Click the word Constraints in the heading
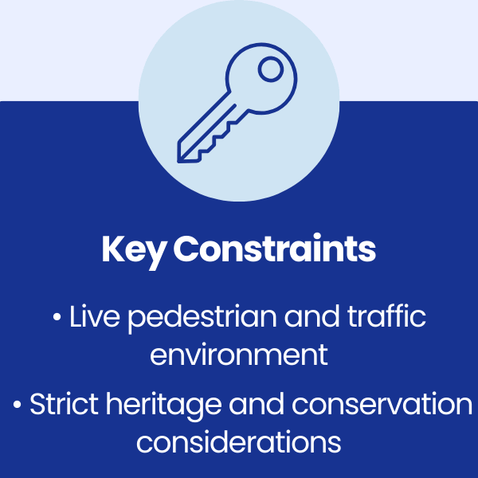[x=274, y=248]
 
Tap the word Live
[x=95, y=316]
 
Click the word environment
[x=239, y=355]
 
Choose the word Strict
[x=64, y=404]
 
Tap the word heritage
[x=163, y=406]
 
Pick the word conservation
[x=382, y=404]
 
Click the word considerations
[x=239, y=441]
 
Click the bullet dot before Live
[x=57, y=317]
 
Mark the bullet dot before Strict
[x=17, y=405]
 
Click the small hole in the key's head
[x=271, y=69]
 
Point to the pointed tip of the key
[x=178, y=162]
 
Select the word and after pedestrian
[x=311, y=316]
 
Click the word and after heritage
[x=257, y=404]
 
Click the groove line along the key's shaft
[x=208, y=132]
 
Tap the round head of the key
[x=261, y=79]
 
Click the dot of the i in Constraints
[x=317, y=237]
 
